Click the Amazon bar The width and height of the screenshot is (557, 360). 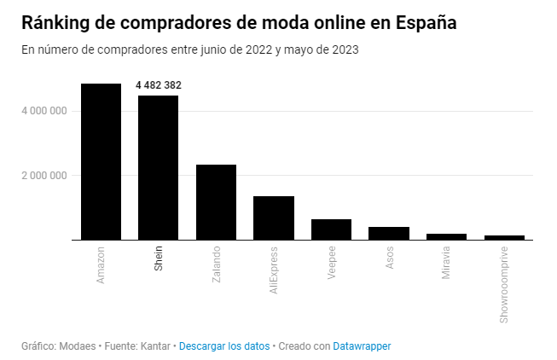pyautogui.click(x=101, y=162)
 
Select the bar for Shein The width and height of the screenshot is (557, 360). pyautogui.click(x=158, y=168)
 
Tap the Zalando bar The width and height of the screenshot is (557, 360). pyautogui.click(x=216, y=202)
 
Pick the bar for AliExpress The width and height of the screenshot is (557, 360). pyautogui.click(x=274, y=218)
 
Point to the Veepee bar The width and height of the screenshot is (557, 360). pyautogui.click(x=331, y=229)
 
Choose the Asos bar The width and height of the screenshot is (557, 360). pyautogui.click(x=389, y=233)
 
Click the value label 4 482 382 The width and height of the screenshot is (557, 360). pyautogui.click(x=159, y=85)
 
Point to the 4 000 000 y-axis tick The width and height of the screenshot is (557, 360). pyautogui.click(x=44, y=111)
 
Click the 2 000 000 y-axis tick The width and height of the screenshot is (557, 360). pyautogui.click(x=44, y=176)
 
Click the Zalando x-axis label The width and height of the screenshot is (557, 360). pyautogui.click(x=216, y=264)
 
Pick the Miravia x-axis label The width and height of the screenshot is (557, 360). pyautogui.click(x=447, y=264)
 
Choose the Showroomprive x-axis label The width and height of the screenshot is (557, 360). pyautogui.click(x=504, y=285)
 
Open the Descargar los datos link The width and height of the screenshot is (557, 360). pyautogui.click(x=224, y=345)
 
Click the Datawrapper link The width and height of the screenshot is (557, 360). pyautogui.click(x=363, y=345)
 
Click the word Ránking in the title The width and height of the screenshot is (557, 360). pyautogui.click(x=54, y=23)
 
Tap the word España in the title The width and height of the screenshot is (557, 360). pyautogui.click(x=426, y=23)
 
